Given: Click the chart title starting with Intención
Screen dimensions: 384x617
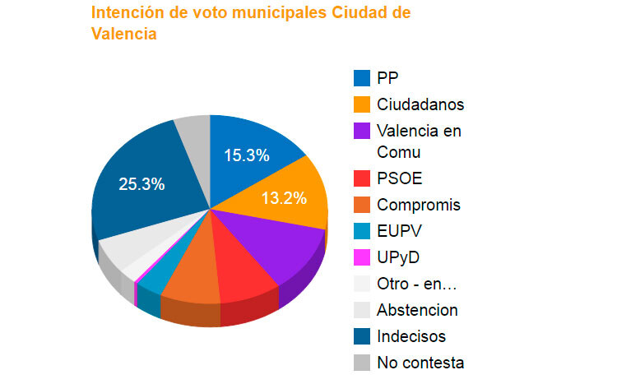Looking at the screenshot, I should click(x=251, y=24).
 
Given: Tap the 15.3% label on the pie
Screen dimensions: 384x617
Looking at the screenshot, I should click(x=245, y=155).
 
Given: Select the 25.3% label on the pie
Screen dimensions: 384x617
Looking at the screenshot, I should click(x=141, y=184).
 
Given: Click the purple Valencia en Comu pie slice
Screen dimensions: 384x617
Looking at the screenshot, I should click(x=280, y=247).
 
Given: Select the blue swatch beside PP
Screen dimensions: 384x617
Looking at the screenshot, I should click(x=361, y=78).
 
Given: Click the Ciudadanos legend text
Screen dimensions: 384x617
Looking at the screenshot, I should click(x=420, y=104).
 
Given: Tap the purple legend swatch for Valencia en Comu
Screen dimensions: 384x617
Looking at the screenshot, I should click(x=361, y=131).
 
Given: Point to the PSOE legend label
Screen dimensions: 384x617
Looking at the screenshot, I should click(x=399, y=178).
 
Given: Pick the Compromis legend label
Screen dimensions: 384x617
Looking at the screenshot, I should click(x=418, y=205).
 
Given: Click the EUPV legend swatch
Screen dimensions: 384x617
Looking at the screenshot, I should click(x=361, y=231).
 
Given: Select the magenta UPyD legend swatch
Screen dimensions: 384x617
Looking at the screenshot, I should click(x=361, y=257).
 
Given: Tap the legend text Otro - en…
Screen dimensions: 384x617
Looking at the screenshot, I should click(x=416, y=284).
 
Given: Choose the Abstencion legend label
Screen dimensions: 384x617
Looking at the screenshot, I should click(x=417, y=310).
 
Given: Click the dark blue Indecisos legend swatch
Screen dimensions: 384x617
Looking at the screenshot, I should click(x=361, y=336).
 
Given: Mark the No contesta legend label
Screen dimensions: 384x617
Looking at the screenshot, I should click(x=420, y=363).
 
